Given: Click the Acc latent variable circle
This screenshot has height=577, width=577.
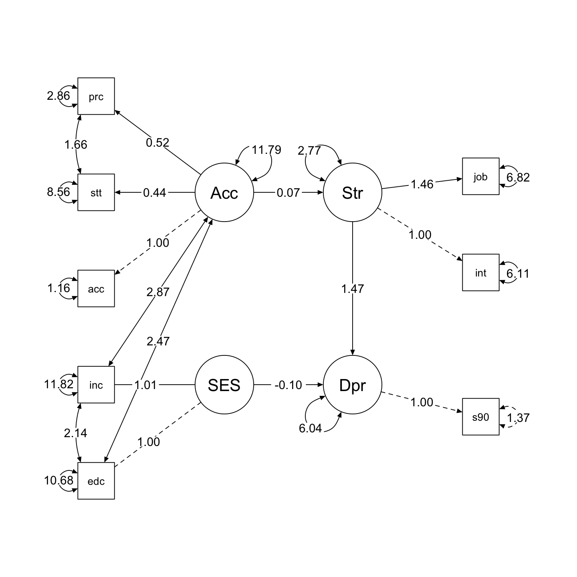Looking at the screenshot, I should click(224, 193).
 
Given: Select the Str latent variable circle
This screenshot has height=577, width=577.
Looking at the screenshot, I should click(352, 193).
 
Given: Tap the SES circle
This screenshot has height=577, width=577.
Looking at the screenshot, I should click(224, 385).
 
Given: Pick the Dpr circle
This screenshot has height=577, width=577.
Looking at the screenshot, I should click(352, 385).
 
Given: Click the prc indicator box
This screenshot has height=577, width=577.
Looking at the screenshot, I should click(96, 96).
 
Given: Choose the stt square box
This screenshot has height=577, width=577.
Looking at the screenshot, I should click(96, 192).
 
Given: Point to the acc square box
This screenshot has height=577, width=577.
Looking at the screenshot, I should click(96, 288).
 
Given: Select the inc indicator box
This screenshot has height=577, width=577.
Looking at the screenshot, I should click(96, 385).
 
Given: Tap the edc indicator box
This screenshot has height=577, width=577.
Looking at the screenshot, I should click(96, 481).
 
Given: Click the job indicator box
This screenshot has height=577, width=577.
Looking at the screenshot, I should click(480, 176).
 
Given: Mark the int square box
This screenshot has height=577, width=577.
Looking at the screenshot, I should click(480, 272).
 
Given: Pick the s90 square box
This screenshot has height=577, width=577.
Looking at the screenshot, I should click(480, 417).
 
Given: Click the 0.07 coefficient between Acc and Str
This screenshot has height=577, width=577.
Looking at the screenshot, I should click(288, 193).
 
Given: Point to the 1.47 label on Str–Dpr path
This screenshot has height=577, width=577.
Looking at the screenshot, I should click(353, 288).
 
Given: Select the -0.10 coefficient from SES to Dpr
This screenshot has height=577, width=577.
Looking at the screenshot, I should click(288, 385).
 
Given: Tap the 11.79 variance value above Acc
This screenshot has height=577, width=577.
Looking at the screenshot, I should click(266, 150).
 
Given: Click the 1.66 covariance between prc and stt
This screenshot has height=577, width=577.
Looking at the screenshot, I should click(76, 144).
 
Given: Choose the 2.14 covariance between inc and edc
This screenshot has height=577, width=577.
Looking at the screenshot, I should click(75, 433).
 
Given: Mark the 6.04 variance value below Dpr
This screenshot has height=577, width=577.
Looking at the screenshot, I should click(310, 428).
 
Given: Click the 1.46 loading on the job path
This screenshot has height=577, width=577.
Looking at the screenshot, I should click(422, 184).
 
